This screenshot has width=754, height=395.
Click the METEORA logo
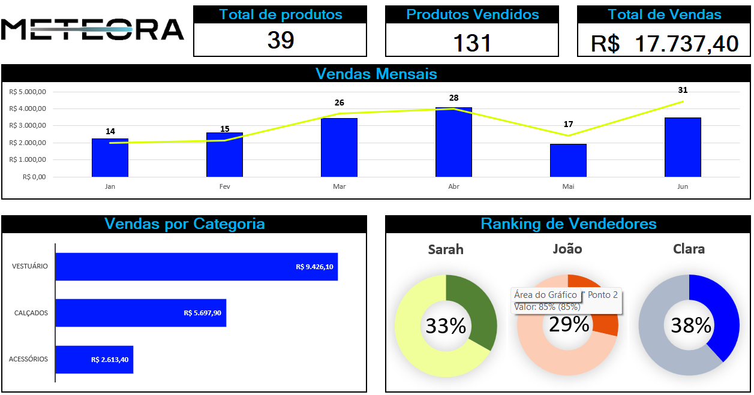coord(92,29)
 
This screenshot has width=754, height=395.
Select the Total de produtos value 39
coord(281,41)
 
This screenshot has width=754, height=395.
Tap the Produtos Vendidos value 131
coord(472,43)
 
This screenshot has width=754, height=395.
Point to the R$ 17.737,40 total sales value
coord(664,43)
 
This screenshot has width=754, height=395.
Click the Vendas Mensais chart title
coord(376,74)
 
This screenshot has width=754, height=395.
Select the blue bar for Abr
coord(453,143)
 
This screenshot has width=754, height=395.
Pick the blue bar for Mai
coord(568,161)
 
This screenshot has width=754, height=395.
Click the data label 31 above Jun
coord(683,90)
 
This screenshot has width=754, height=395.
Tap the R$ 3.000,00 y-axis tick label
coord(28,126)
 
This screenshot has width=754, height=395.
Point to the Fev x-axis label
coord(224,186)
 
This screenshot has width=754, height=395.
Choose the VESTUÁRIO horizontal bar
coord(196,267)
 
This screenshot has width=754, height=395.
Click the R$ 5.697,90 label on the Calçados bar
coord(202,313)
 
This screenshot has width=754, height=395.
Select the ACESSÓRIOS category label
coord(28,359)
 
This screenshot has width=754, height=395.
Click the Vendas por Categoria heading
coord(184,224)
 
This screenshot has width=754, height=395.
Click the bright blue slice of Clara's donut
coord(720,312)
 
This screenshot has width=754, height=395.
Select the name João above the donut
coord(567,248)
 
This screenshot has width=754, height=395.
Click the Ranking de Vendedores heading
coord(568,224)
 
